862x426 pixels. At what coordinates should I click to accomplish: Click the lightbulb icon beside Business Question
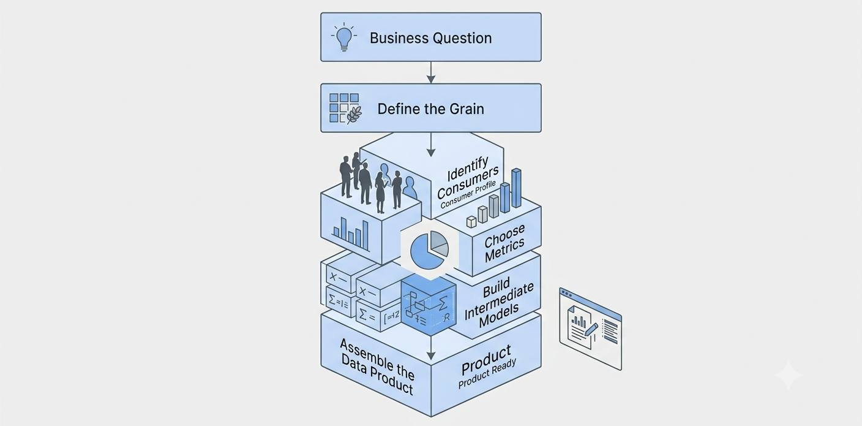click(x=343, y=37)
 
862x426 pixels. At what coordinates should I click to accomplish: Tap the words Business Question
click(x=430, y=38)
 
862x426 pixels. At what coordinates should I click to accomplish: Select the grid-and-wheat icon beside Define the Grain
click(x=345, y=108)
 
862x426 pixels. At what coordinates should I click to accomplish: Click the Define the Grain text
click(x=430, y=109)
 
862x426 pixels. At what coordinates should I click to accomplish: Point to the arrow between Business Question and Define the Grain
click(x=431, y=72)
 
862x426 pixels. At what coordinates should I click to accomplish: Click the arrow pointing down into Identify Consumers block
click(x=431, y=145)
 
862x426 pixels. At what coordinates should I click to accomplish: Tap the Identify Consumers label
click(x=468, y=178)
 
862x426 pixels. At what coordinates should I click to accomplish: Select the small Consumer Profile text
click(x=468, y=195)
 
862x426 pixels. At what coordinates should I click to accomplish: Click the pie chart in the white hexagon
click(x=429, y=249)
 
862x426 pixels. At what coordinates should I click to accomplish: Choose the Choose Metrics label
click(x=504, y=243)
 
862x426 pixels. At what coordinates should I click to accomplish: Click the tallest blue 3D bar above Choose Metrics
click(x=516, y=188)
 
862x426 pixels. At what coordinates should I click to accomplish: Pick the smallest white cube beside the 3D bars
click(x=471, y=222)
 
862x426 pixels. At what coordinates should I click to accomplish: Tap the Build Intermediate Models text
click(x=499, y=303)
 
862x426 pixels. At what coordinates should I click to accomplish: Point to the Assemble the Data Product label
click(x=377, y=367)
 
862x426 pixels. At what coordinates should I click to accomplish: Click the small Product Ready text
click(x=487, y=373)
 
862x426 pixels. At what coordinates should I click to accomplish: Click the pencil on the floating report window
click(x=591, y=330)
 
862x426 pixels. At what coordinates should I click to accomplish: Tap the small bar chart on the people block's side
click(x=351, y=234)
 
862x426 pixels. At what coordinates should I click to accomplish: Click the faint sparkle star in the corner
click(x=788, y=375)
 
